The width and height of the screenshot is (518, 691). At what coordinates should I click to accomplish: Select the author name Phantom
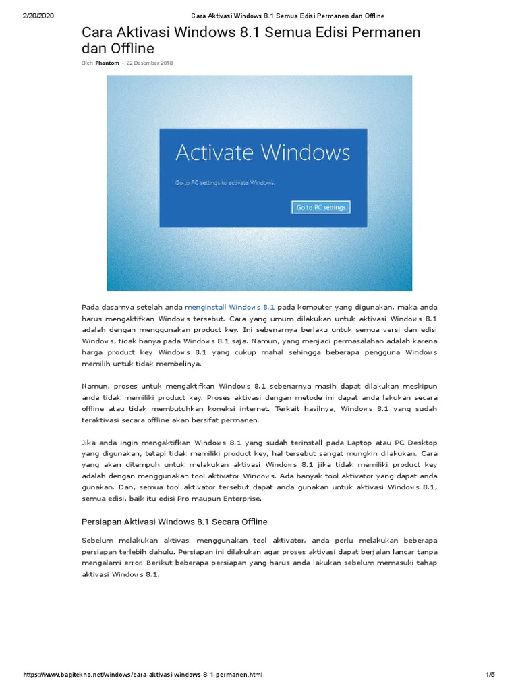pyautogui.click(x=107, y=63)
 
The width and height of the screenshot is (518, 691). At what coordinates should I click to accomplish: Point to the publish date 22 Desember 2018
pyautogui.click(x=150, y=63)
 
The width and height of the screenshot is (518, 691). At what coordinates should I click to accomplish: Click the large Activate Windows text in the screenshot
pyautogui.click(x=262, y=152)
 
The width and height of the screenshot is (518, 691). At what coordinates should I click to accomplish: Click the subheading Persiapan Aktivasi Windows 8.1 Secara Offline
pyautogui.click(x=175, y=522)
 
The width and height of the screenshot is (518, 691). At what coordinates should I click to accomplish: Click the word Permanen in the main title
pyautogui.click(x=386, y=33)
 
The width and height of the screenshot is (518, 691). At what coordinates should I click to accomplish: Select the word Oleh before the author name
pyautogui.click(x=87, y=63)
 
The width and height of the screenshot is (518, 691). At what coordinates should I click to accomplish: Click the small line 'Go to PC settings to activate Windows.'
pyautogui.click(x=225, y=182)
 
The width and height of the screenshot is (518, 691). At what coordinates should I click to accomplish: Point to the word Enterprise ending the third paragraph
pyautogui.click(x=241, y=498)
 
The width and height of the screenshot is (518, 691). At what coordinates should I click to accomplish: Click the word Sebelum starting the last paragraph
pyautogui.click(x=96, y=540)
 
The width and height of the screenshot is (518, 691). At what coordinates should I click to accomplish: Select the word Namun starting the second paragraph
pyautogui.click(x=95, y=385)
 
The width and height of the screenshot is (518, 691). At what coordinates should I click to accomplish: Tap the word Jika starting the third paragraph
pyautogui.click(x=88, y=441)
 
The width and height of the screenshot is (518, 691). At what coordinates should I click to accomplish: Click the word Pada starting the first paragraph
pyautogui.click(x=90, y=306)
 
